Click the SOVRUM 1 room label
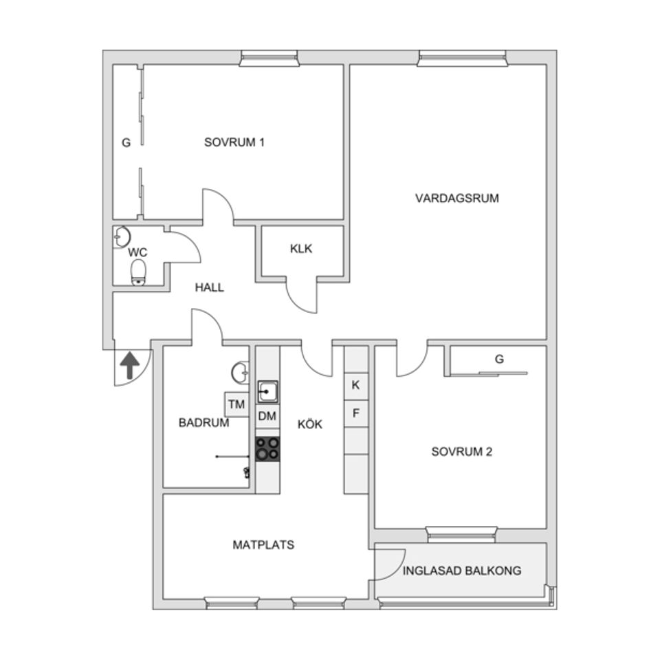point(234,142)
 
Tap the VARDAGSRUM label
point(457,198)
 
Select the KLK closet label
point(300,249)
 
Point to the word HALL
point(209,287)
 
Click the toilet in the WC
point(139,272)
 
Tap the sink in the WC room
point(122,237)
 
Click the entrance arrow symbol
point(129,365)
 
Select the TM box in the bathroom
point(236,404)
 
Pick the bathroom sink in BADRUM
point(241,373)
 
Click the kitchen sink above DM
point(267,392)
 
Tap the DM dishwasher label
point(267,416)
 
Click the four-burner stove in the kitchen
point(267,448)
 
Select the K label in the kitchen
point(355,385)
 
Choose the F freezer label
point(355,413)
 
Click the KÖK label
point(309,424)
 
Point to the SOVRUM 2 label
point(461,452)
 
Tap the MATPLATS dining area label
point(263,545)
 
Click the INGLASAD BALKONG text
point(462,571)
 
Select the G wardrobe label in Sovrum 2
point(499,359)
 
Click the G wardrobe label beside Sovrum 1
point(126,143)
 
